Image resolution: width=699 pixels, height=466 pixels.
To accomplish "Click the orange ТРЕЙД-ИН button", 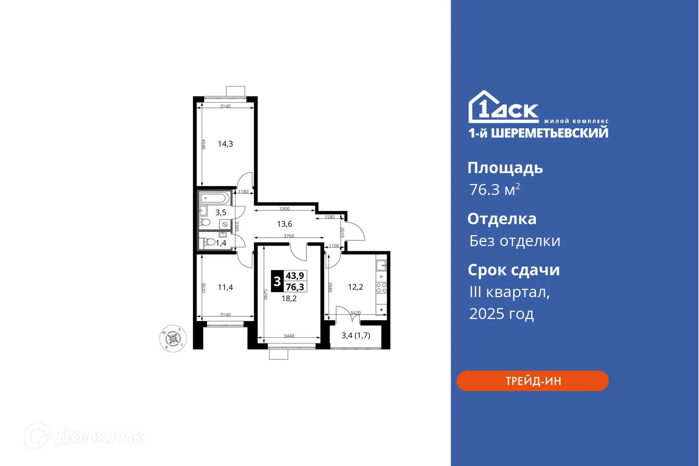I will tap(532, 381).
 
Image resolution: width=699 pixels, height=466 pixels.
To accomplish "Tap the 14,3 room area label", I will tap(225, 144).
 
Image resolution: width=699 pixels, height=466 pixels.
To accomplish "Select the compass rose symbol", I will tap(172, 339).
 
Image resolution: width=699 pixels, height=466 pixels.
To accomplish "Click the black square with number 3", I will tap(277, 280).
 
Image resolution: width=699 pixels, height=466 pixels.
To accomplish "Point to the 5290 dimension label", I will tap(265, 295).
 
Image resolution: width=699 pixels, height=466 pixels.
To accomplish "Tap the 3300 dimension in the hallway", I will tap(284, 209).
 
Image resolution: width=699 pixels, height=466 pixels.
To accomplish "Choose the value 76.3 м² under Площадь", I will tap(494, 190).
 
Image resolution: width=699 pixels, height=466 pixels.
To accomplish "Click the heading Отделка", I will tap(501, 218).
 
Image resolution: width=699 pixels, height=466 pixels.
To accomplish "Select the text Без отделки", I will tap(514, 241).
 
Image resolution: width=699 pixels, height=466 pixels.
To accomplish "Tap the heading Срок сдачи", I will tap(513, 270).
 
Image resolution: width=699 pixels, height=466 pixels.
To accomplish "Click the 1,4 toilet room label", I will tap(221, 243).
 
